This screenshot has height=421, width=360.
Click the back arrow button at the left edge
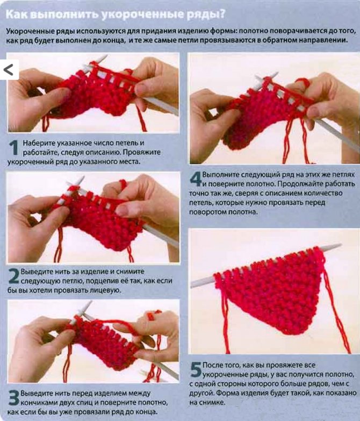(9, 70)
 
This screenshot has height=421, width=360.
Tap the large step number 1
(13, 148)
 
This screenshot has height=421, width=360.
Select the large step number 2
(13, 276)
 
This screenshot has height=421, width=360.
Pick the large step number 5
(196, 369)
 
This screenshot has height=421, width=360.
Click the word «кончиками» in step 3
(37, 403)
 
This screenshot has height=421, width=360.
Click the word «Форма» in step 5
(225, 393)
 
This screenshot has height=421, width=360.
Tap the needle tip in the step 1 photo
(105, 56)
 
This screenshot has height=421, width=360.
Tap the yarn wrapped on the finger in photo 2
(123, 185)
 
